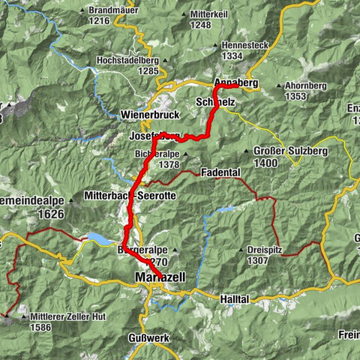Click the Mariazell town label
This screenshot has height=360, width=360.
click(160, 277)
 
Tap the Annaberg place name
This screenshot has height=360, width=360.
click(236, 82)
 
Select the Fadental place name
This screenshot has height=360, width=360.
click(220, 172)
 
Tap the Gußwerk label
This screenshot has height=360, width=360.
click(149, 337)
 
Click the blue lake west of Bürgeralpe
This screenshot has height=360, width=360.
click(97, 239)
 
